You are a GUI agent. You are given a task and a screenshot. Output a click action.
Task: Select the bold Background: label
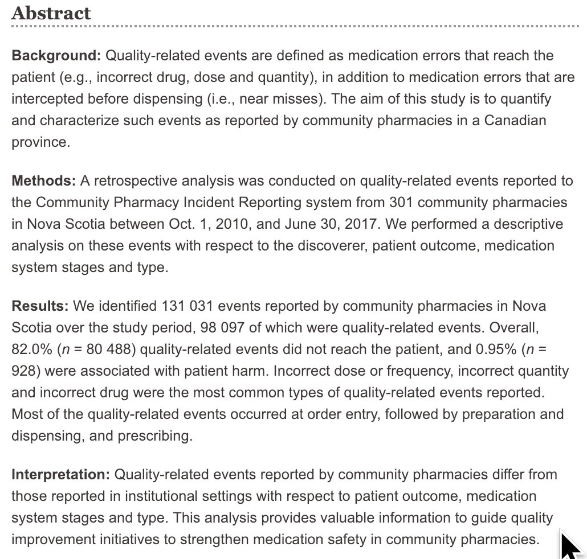tap(56, 56)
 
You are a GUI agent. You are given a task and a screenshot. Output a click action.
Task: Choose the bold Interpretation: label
tap(61, 474)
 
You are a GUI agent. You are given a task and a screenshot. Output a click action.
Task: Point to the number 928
tap(24, 371)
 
